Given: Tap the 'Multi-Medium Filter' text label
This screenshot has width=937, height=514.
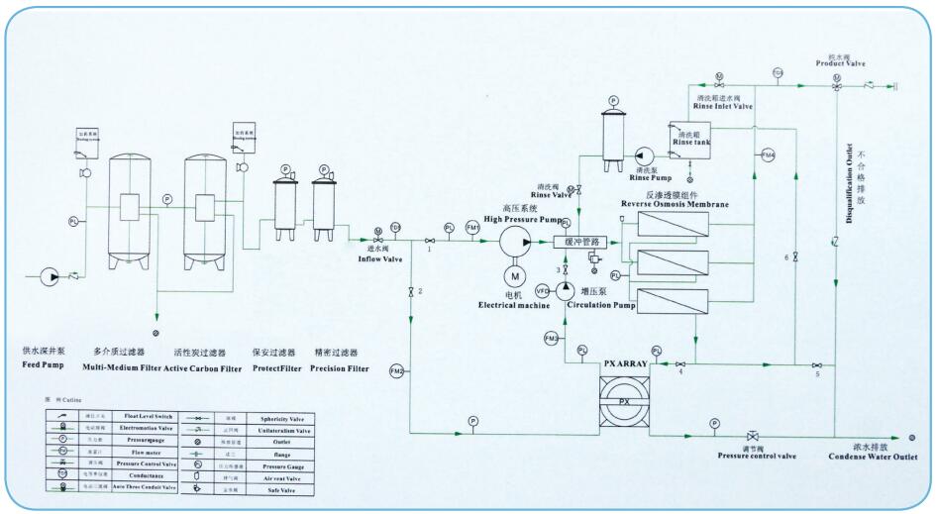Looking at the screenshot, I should [x=121, y=368].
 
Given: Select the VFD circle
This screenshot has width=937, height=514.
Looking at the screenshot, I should [x=543, y=290].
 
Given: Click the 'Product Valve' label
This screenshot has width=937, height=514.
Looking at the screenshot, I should [x=840, y=63].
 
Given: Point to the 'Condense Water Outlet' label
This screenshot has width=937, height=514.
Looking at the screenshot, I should [x=869, y=457].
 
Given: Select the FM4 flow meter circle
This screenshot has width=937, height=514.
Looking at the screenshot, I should [x=768, y=154].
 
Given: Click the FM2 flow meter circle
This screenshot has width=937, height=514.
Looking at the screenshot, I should [x=398, y=371].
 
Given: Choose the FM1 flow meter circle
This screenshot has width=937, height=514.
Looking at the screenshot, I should [x=472, y=228].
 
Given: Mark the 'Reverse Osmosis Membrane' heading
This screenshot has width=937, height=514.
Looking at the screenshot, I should [x=674, y=204].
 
